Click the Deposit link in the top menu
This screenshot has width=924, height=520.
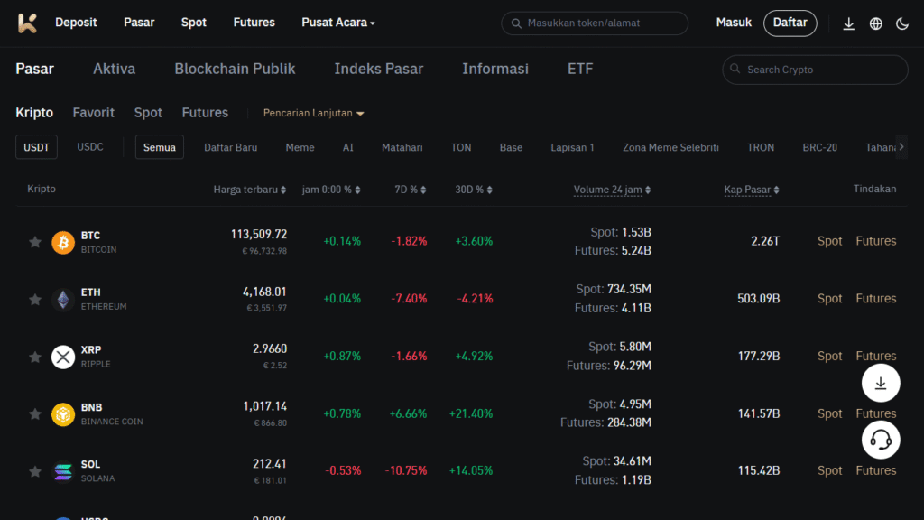coord(76,23)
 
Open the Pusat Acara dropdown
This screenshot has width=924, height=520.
coord(338,23)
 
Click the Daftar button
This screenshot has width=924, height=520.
coord(790,23)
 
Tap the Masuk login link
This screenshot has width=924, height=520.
coord(734,23)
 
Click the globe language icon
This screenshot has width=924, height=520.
coord(875,24)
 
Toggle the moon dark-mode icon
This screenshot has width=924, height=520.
coord(902,24)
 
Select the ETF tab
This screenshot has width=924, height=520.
coord(580,69)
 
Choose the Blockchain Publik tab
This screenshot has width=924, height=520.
coord(235,69)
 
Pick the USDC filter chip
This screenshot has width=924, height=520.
coord(90,147)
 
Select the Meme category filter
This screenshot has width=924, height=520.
coord(300,147)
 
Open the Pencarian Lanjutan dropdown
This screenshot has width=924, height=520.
coord(313,113)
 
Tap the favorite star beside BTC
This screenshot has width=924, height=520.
coord(35,242)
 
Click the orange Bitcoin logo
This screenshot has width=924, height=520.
coord(63,242)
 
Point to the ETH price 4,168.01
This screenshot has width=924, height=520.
coord(264,292)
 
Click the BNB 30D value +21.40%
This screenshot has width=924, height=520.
coord(471,413)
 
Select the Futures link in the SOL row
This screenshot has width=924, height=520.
coord(875,470)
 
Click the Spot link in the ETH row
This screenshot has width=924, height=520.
coord(830,299)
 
